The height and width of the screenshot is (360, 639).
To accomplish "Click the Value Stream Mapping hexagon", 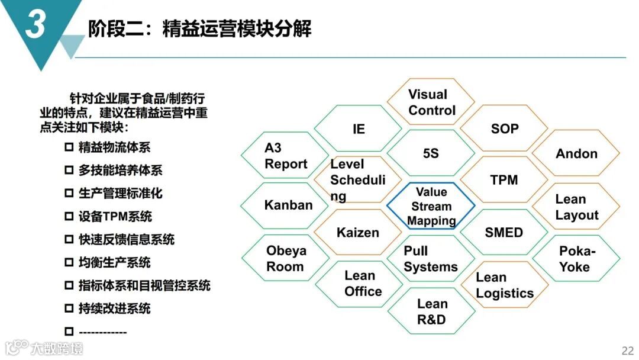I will tap(431, 206).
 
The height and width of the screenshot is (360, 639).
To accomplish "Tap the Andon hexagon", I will tap(576, 153).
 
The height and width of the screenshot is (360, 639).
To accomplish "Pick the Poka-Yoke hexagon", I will tap(576, 258).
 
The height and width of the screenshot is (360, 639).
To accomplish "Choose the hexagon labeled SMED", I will tap(504, 232).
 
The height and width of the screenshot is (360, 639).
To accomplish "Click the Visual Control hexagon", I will tap(431, 102).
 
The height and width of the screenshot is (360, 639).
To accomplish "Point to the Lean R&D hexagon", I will tap(431, 311).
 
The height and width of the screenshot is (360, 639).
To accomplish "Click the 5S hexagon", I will tap(431, 153).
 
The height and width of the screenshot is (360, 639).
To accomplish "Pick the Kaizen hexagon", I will tap(357, 232).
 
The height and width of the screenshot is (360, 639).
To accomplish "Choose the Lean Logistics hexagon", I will tap(504, 285).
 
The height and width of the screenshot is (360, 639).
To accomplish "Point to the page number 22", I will tap(627, 349).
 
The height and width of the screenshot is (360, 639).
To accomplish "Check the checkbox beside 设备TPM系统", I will tap(69, 217).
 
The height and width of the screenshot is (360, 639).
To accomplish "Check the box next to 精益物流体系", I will tap(69, 147).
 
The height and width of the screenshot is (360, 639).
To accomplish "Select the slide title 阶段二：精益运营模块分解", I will tap(199, 28).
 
